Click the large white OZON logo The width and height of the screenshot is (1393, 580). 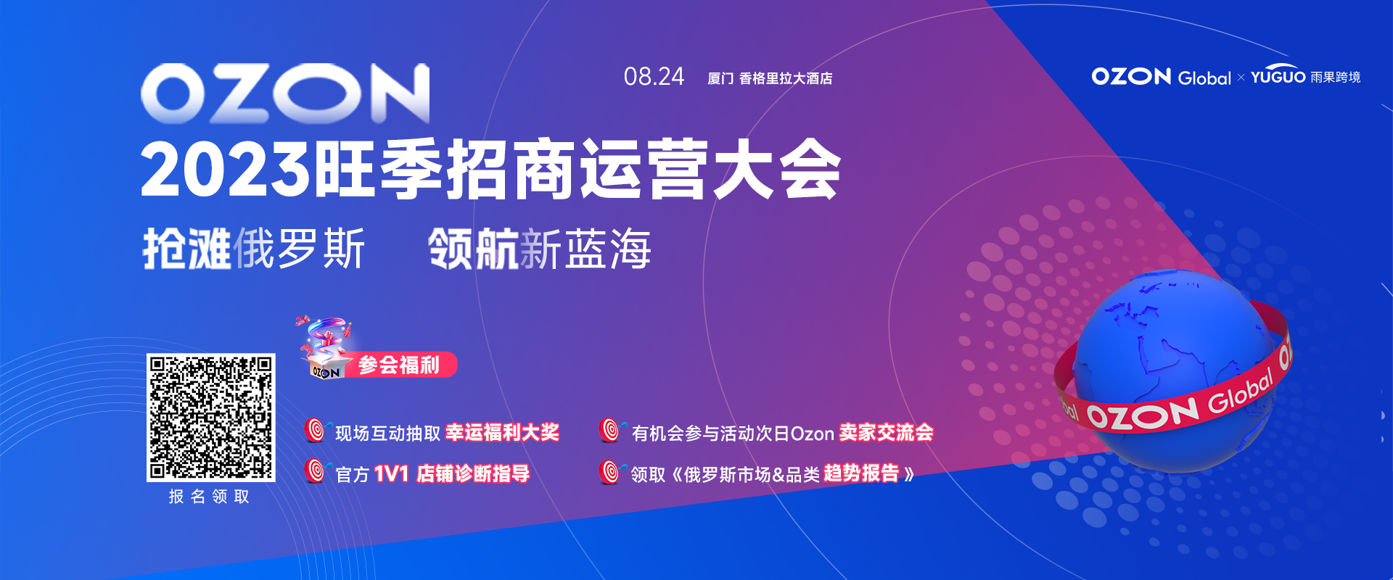pyautogui.click(x=285, y=93)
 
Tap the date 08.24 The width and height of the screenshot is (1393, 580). pyautogui.click(x=654, y=77)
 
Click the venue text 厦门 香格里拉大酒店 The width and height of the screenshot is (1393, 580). pyautogui.click(x=770, y=78)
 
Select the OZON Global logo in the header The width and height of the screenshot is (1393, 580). pyautogui.click(x=1161, y=77)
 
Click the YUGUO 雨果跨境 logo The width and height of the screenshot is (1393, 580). pyautogui.click(x=1305, y=76)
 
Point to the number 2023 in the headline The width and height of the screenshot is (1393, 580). pyautogui.click(x=226, y=170)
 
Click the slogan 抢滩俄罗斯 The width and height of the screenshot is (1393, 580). pyautogui.click(x=254, y=249)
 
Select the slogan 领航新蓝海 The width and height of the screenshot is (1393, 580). pyautogui.click(x=540, y=249)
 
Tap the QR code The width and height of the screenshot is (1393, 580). pyautogui.click(x=211, y=418)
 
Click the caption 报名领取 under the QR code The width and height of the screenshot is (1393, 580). pyautogui.click(x=210, y=497)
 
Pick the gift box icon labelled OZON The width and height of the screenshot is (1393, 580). pyautogui.click(x=325, y=349)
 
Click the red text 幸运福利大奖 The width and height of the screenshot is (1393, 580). pyautogui.click(x=502, y=433)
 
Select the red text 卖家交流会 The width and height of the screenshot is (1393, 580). pyautogui.click(x=886, y=433)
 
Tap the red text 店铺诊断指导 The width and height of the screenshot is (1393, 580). pyautogui.click(x=473, y=474)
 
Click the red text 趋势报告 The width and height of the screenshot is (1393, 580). pyautogui.click(x=861, y=473)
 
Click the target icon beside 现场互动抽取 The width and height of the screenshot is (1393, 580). pyautogui.click(x=316, y=430)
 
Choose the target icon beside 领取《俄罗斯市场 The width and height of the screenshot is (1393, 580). pyautogui.click(x=611, y=471)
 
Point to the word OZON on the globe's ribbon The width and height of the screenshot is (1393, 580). pyautogui.click(x=1142, y=415)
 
